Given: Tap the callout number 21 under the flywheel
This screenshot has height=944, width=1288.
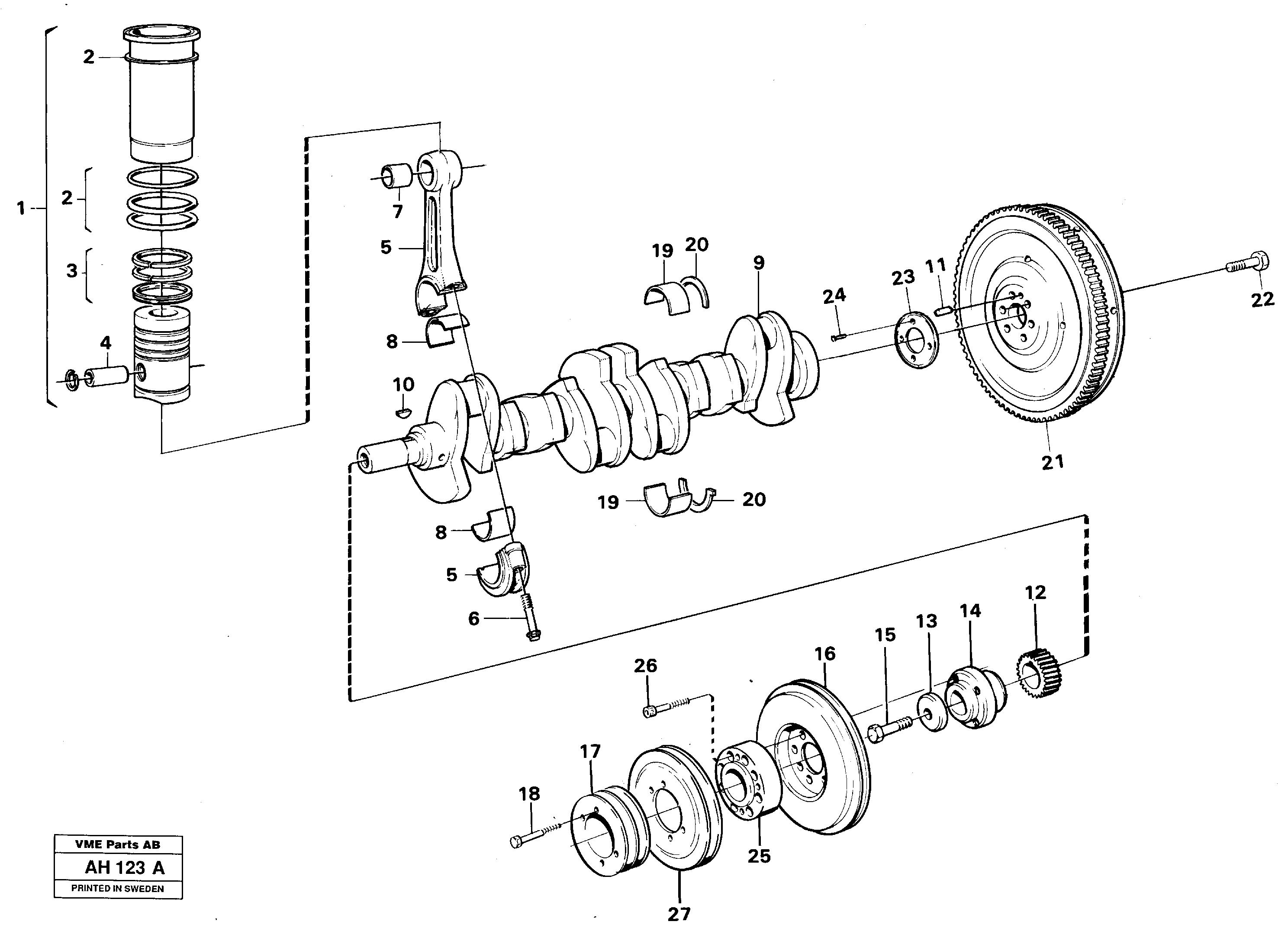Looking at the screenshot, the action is click(1053, 462).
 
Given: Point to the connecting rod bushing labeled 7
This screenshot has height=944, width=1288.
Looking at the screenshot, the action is click(396, 175).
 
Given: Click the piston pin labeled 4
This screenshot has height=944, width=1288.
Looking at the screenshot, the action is click(107, 377).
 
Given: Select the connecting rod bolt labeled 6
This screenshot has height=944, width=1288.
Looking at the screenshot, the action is click(531, 618).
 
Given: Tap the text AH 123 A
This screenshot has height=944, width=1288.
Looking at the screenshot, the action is click(125, 868).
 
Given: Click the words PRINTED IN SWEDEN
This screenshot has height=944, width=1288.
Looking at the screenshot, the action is click(118, 889).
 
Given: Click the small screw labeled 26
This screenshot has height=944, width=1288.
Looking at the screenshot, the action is click(663, 708).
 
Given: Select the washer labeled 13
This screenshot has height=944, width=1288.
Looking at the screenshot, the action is click(932, 712).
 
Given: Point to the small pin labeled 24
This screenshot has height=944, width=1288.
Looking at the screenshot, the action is click(838, 338).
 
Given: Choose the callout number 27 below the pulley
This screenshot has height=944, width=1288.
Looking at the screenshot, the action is click(679, 914).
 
